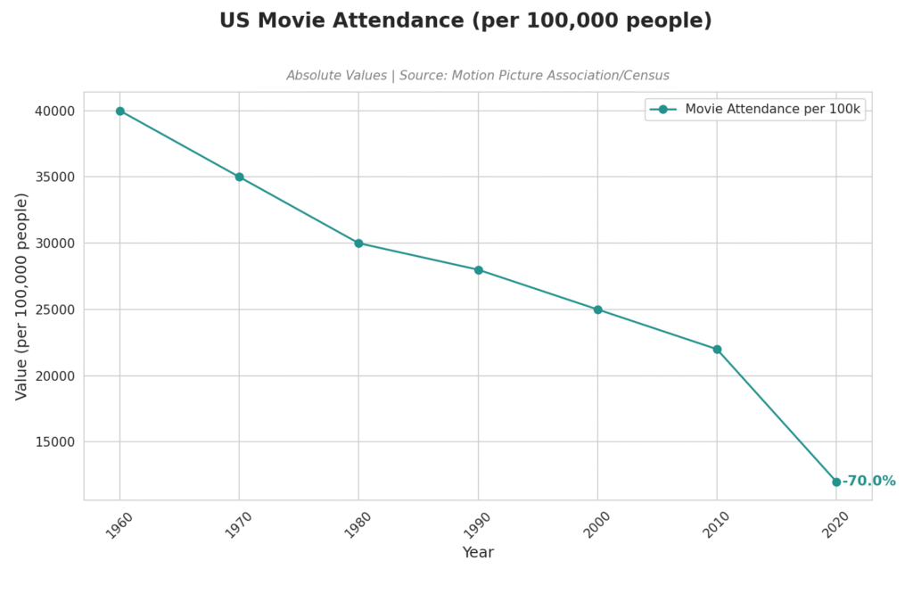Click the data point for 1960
coord(120,111)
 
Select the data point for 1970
coord(239,177)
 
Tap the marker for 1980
coord(358,243)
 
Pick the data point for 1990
coord(478,270)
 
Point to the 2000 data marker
coord(597,309)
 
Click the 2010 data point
coord(717,350)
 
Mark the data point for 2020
coord(836,482)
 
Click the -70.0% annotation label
coord(869,482)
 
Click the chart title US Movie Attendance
coord(465,21)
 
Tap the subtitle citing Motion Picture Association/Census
coord(478,76)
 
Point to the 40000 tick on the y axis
coord(55,111)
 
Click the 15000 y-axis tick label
coord(55,442)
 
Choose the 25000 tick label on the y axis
coord(55,309)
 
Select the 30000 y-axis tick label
coord(55,243)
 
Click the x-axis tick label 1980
coord(357,525)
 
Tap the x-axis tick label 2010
coord(715,525)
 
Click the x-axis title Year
coord(478,553)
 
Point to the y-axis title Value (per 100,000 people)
coord(22,296)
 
